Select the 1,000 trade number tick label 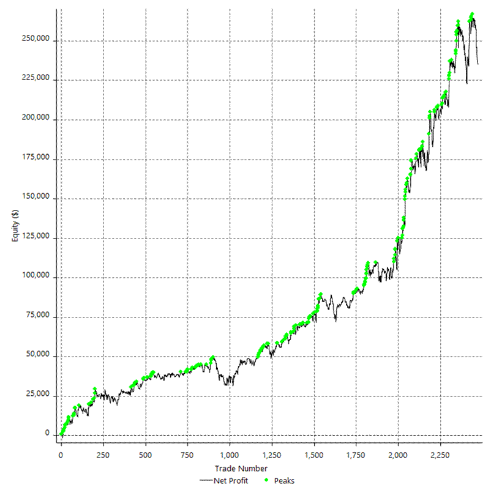point(230,455)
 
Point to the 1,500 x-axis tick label point(314,455)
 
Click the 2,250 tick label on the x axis point(440,455)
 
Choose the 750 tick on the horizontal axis point(187,455)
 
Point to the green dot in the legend point(267,480)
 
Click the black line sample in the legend point(205,480)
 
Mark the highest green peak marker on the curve point(472,14)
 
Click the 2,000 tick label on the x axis point(398,455)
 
